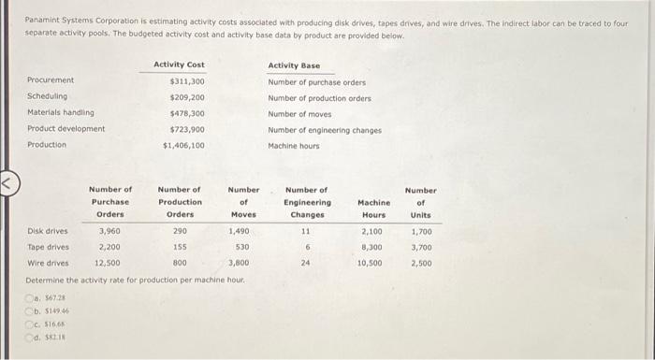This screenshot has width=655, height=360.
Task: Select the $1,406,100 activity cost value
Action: (x=183, y=145)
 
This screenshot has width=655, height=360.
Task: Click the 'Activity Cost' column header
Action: (x=179, y=65)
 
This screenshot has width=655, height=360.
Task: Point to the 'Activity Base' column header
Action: (x=294, y=65)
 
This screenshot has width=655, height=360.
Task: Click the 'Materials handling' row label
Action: (x=61, y=113)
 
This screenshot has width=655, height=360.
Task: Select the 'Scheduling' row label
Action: (x=48, y=97)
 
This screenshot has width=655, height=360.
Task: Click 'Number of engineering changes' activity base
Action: (x=324, y=129)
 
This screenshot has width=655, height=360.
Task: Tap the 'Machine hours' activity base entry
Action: (x=294, y=145)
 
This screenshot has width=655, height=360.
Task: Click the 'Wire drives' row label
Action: (x=48, y=263)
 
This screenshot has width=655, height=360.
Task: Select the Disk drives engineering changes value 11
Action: (x=306, y=230)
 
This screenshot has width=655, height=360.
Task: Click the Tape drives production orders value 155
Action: (x=180, y=247)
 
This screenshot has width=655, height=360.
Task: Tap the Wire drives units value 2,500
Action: (x=420, y=263)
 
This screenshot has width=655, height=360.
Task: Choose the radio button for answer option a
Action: (x=29, y=295)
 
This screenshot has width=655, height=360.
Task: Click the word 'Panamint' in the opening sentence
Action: (x=42, y=20)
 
